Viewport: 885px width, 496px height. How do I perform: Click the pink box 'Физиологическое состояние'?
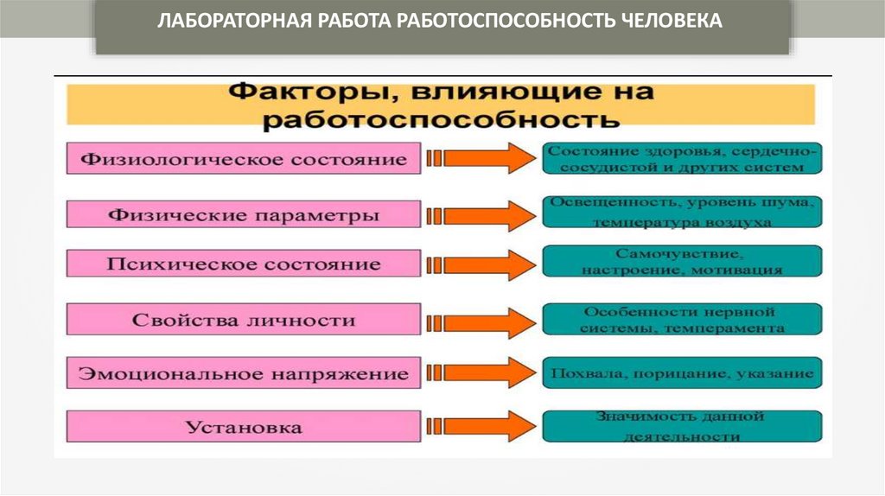point(244,159)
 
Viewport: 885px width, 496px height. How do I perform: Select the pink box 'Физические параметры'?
point(244,214)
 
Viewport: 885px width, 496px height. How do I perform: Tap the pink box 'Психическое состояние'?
point(244,264)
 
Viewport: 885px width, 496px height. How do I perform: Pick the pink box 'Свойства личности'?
point(244,320)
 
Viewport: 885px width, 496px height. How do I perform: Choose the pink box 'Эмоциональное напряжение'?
point(244,374)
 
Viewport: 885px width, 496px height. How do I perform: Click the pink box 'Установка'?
point(244,427)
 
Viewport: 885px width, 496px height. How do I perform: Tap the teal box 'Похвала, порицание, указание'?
point(682,374)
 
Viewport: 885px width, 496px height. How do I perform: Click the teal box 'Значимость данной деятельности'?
point(682,427)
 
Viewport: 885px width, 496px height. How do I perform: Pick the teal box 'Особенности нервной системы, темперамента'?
point(682,320)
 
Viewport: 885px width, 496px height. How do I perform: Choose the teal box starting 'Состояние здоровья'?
point(682,159)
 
